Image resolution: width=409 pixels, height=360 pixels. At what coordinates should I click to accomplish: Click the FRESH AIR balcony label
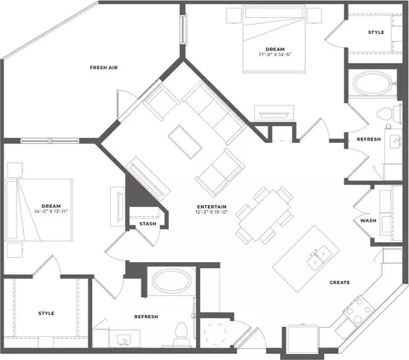pos(104,67)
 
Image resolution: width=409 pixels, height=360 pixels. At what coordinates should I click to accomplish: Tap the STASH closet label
pos(147,224)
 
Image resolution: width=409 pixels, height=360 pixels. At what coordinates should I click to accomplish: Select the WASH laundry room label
pos(368,220)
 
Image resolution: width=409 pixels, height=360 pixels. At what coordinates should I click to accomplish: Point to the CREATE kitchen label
pos(339,283)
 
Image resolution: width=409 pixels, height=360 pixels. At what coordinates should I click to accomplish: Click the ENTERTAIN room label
pos(212,207)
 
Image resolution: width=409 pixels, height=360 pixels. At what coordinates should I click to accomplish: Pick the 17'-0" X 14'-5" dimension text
pos(275,54)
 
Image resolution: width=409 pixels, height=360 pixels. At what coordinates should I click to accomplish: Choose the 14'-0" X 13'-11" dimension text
pos(51,211)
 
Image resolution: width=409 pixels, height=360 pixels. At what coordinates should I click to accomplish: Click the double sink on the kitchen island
pos(320,258)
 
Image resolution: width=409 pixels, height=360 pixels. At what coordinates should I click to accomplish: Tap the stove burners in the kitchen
pos(359,310)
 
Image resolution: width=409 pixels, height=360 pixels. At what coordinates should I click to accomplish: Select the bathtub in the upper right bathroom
pos(372,83)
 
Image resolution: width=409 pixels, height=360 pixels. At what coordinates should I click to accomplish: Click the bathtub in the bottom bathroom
pos(171,281)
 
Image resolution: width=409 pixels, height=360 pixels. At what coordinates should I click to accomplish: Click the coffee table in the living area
pos(185,142)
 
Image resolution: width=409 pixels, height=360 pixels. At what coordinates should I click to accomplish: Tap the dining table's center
pos(264,215)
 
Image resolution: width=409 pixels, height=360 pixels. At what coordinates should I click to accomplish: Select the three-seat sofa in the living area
pos(215,112)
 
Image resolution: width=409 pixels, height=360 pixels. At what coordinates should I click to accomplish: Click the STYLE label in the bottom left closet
pos(46,313)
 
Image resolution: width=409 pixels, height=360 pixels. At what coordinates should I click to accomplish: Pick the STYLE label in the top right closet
pos(376,32)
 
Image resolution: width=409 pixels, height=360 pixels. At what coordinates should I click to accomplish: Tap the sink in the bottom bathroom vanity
pos(124,339)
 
